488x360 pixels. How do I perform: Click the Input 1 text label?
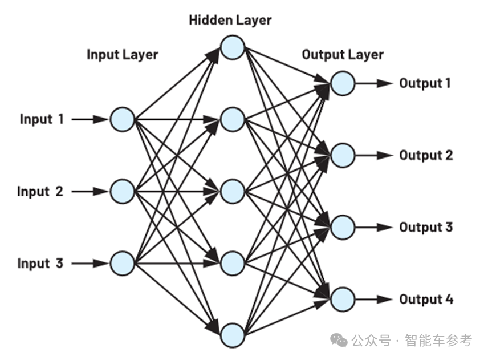[x=42, y=119]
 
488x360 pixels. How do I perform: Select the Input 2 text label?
[x=40, y=191]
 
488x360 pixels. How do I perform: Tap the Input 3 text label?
[x=40, y=264]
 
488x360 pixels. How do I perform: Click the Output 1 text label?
[x=425, y=83]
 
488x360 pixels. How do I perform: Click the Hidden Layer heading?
[x=230, y=21]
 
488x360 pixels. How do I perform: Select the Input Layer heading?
[x=122, y=54]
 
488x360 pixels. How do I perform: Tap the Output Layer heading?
[x=342, y=54]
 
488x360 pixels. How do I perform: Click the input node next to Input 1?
[x=122, y=119]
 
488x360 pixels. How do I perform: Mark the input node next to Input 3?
[x=122, y=264]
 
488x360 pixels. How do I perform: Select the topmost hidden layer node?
[x=233, y=47]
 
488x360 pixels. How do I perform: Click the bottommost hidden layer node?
[x=233, y=335]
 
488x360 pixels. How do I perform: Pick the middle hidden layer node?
[x=233, y=191]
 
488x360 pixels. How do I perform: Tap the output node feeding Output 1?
[x=343, y=83]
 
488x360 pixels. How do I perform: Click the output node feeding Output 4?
[x=343, y=299]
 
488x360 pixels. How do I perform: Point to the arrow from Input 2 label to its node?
[x=90, y=192]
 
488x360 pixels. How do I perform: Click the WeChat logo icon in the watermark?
[x=340, y=341]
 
